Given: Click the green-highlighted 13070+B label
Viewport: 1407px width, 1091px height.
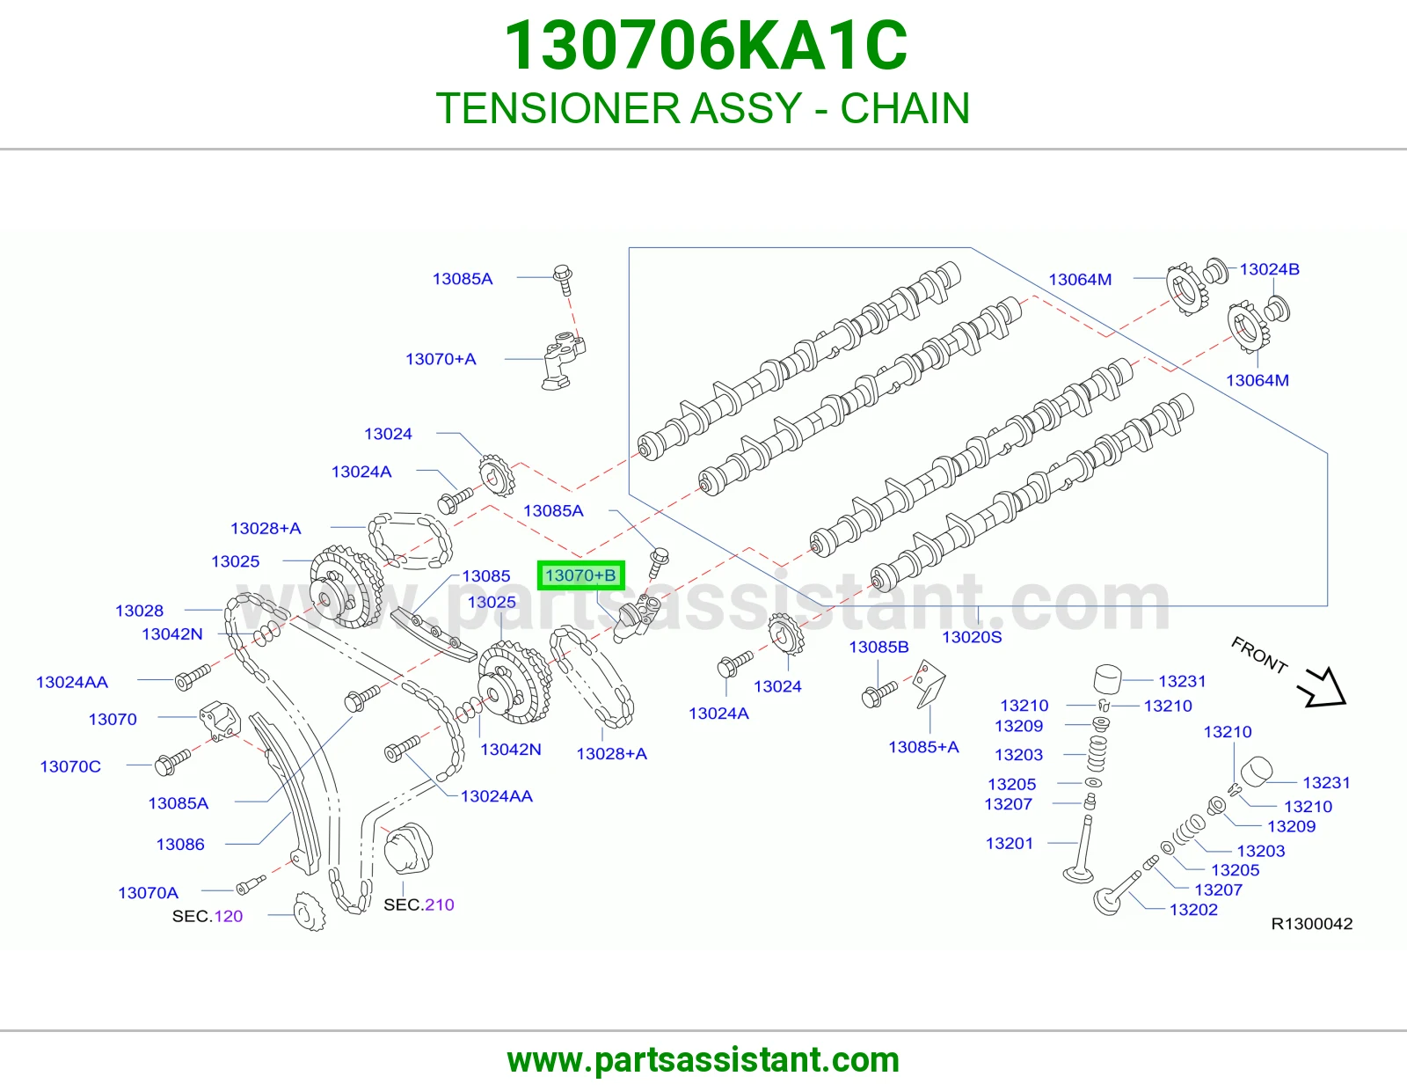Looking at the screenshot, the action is [x=580, y=575].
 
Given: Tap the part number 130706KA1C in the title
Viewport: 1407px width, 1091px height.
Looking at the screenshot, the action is [x=705, y=46].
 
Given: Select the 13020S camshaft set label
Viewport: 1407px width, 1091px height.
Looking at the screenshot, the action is [x=971, y=638].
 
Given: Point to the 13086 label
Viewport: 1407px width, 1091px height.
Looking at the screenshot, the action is [x=180, y=845].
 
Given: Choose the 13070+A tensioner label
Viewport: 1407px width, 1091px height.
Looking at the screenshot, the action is [x=441, y=359].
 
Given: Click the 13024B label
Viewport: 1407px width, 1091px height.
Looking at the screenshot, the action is [x=1269, y=269].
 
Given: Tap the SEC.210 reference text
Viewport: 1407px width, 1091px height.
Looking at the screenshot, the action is [x=419, y=905].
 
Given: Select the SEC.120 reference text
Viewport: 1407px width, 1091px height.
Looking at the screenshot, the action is [x=208, y=916].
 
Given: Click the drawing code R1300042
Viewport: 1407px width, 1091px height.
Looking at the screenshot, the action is [x=1312, y=924].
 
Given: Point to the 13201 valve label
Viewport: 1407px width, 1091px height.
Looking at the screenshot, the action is [x=1009, y=844].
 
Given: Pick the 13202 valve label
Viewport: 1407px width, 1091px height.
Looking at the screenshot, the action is [x=1193, y=910].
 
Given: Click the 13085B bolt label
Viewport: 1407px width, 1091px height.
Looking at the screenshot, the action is [x=878, y=648].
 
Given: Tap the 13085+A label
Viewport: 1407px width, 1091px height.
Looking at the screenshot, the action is [x=923, y=747].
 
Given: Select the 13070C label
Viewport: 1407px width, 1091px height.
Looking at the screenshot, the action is [x=70, y=766].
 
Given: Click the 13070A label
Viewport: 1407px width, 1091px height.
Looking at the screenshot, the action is [x=148, y=893].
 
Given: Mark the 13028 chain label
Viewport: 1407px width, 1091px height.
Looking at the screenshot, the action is [x=139, y=611].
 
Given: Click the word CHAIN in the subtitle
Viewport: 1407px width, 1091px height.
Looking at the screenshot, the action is [x=905, y=108].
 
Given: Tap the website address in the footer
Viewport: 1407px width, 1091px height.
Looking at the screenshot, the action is [x=703, y=1060].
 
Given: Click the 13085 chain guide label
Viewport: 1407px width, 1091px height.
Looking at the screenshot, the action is [x=486, y=576].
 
